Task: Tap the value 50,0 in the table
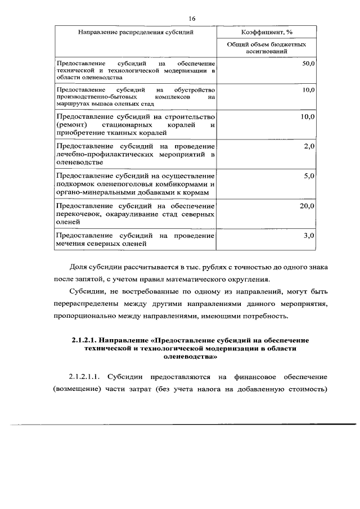coord(308,64)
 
